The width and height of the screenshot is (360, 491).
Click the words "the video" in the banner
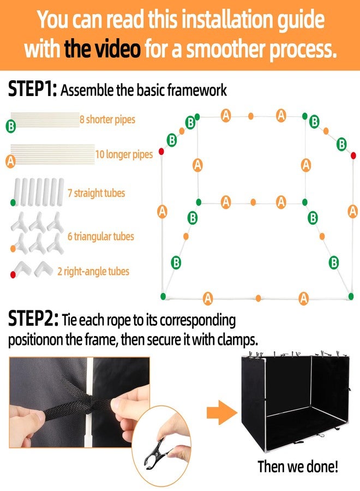[x=103, y=49]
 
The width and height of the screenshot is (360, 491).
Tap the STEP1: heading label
[x=32, y=89]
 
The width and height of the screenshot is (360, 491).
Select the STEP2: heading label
[x=33, y=319]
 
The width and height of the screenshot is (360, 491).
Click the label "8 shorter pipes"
[x=107, y=119]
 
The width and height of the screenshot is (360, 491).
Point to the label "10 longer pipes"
[x=124, y=154]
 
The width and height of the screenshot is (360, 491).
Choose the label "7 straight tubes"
[x=96, y=193]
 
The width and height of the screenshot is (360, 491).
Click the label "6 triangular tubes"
[x=101, y=236]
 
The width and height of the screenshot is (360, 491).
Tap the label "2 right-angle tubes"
[x=93, y=271]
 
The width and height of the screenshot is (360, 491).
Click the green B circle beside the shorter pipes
[x=11, y=126]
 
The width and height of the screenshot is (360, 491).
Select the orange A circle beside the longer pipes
[x=11, y=161]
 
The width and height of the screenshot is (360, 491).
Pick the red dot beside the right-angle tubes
[x=13, y=274]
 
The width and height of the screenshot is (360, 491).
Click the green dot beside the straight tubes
[x=13, y=202]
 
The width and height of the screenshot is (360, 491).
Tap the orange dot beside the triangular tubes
[x=13, y=249]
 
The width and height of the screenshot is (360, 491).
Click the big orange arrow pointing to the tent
[x=221, y=413]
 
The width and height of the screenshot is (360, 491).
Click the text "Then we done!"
[x=298, y=466]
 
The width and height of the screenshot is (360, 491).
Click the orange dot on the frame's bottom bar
[x=258, y=298]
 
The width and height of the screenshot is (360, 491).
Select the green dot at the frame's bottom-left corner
[x=163, y=296]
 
